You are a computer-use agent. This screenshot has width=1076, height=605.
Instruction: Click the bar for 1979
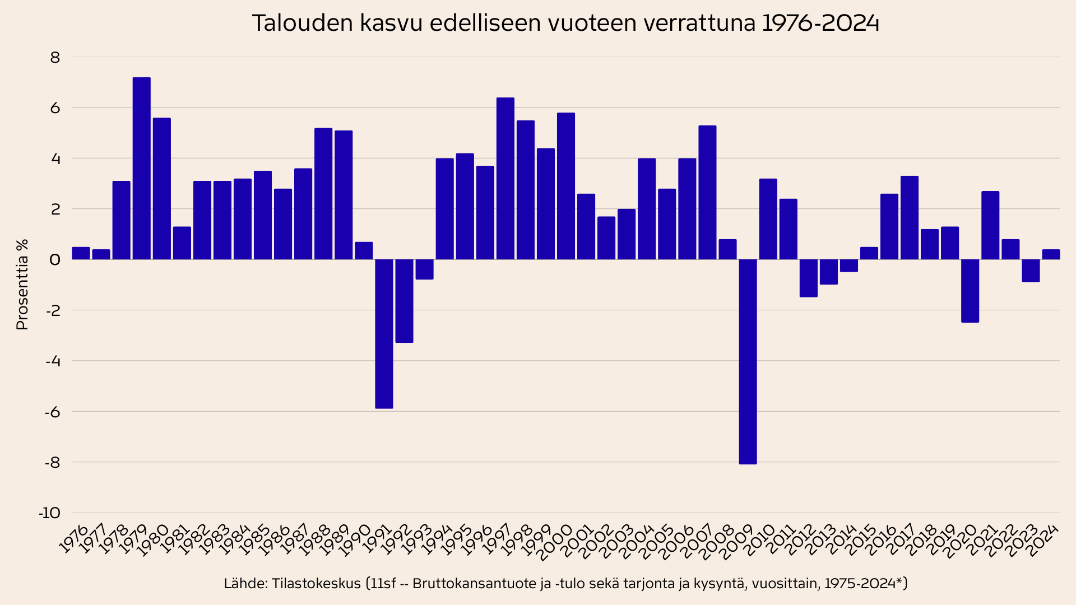click(x=141, y=168)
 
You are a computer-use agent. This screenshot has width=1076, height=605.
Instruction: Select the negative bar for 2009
click(x=748, y=361)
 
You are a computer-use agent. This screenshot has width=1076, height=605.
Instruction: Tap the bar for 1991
click(x=384, y=333)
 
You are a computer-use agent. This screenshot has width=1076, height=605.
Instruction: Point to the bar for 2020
click(x=970, y=290)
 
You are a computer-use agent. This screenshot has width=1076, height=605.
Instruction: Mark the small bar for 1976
click(x=81, y=253)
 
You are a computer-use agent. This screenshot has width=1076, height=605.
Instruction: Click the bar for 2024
click(x=1051, y=254)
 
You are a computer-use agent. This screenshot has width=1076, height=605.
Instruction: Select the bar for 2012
click(x=808, y=278)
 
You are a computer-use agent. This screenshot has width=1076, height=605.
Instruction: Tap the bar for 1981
click(x=182, y=243)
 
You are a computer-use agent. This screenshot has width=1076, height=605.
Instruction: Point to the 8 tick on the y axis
click(x=54, y=57)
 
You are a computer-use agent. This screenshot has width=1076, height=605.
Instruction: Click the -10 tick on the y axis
click(x=49, y=513)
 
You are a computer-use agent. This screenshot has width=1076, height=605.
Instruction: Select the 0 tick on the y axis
click(x=54, y=259)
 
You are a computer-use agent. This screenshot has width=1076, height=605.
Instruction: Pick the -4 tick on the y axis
click(x=52, y=361)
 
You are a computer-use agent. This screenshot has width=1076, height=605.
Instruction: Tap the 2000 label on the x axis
click(x=556, y=542)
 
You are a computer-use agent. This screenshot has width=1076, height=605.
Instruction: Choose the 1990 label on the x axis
click(x=356, y=541)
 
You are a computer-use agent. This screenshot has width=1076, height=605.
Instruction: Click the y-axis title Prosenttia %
click(x=22, y=285)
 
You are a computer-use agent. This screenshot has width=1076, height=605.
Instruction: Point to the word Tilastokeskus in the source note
click(x=316, y=584)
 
